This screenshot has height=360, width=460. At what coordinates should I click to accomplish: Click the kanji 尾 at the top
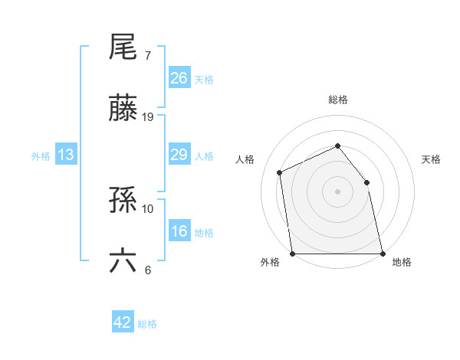point(123,47)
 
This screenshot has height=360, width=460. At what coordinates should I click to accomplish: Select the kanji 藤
point(123,110)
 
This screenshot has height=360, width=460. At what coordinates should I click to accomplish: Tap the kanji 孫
point(123,201)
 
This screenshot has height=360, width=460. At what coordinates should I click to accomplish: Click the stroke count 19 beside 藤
point(148,117)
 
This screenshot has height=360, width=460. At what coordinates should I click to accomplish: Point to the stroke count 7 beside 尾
point(148,56)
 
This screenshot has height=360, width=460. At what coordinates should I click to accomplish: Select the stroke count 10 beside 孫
point(148,208)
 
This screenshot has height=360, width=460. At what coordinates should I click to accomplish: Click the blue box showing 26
point(179,78)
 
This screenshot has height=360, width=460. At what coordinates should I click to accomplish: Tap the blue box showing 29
point(179,155)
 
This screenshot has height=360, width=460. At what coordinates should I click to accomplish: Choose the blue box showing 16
point(179,232)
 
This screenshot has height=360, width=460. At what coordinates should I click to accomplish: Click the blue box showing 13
point(66,155)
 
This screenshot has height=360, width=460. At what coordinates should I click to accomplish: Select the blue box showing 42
point(123,322)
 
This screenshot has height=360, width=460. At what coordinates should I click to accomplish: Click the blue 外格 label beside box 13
point(41,156)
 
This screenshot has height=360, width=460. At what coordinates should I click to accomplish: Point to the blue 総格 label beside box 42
point(148,324)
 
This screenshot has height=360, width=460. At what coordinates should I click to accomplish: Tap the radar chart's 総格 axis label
point(338,100)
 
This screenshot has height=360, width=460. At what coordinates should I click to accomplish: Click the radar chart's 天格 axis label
point(432,159)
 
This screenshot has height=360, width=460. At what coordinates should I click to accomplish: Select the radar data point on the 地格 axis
point(383,254)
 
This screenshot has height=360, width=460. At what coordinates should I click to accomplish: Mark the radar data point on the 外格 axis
point(293,254)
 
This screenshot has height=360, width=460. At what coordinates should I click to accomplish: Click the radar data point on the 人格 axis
point(280,172)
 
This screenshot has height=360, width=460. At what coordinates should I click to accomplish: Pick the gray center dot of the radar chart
point(338,191)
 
